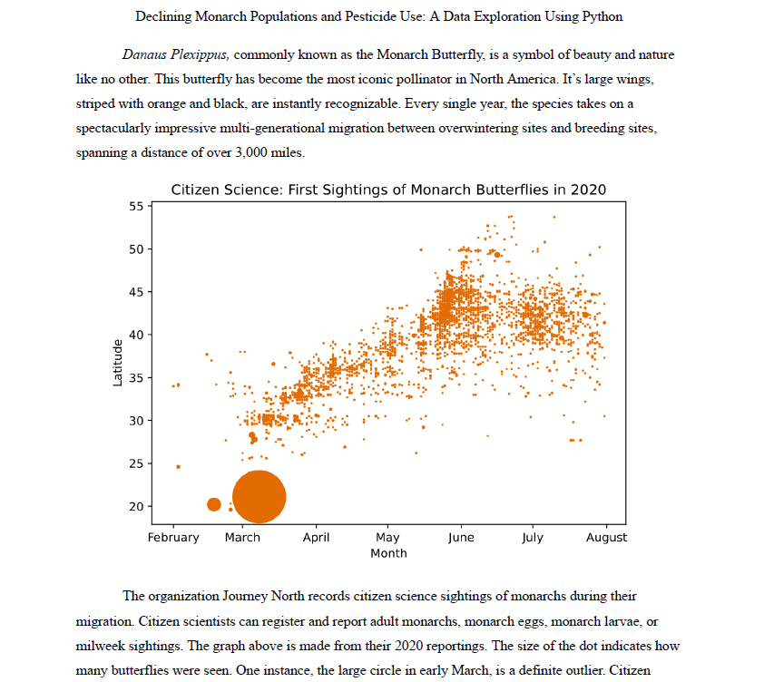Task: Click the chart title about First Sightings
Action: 388,190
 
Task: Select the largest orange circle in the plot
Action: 260,497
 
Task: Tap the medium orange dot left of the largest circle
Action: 214,504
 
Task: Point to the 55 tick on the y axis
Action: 135,207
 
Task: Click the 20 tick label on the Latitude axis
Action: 135,506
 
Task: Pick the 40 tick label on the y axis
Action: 135,335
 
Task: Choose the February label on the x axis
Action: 173,538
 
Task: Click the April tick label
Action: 316,538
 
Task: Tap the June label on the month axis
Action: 461,538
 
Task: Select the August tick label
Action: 606,538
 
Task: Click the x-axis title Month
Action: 388,553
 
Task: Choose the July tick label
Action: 533,538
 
